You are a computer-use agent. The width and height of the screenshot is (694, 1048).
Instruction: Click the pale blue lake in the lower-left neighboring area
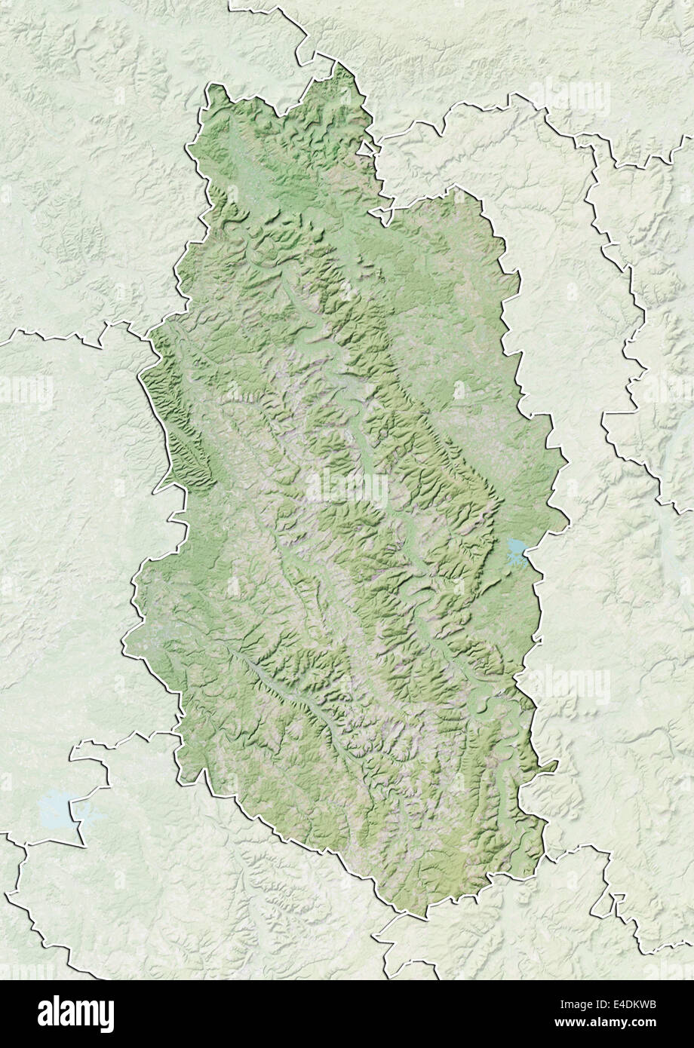coord(57,808)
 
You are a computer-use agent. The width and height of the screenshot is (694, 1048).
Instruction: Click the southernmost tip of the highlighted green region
coord(407,917)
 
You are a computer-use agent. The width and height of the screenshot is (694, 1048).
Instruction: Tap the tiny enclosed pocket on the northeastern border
coord(370,147)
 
